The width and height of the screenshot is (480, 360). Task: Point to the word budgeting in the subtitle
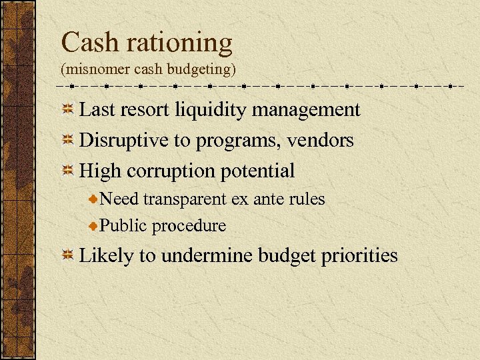coord(204,69)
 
